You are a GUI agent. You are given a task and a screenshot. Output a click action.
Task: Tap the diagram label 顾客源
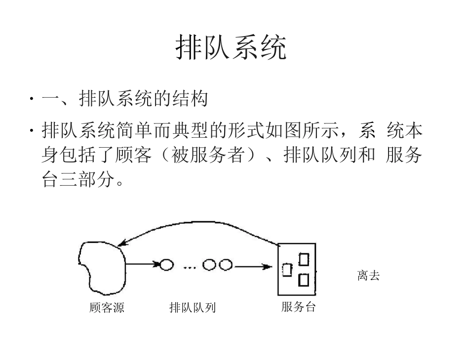[107, 308]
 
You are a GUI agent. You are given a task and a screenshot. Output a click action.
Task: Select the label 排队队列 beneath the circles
[193, 308]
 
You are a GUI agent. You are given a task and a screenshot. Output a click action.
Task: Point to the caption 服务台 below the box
[298, 307]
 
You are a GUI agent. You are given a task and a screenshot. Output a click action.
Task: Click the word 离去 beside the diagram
[368, 276]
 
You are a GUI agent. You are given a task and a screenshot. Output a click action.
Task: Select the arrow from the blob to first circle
[143, 265]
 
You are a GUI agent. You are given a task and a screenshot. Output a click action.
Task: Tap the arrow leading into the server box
[253, 266]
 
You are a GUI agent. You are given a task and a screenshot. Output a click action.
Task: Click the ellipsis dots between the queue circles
[190, 267]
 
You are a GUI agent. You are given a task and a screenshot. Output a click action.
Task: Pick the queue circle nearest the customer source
[167, 265]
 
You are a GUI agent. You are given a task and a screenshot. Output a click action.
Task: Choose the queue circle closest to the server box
[226, 265]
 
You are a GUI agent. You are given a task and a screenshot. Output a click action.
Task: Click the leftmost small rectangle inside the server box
[287, 270]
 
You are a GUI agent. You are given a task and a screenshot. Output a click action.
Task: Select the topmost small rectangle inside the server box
[304, 258]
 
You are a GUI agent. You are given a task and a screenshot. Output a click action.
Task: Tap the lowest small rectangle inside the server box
[304, 280]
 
